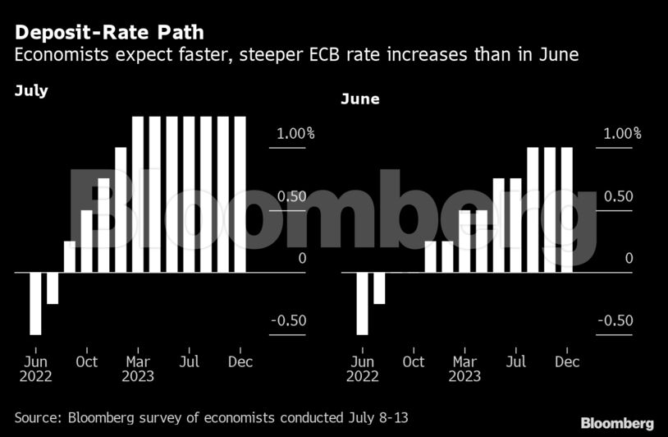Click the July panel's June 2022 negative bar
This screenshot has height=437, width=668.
[x=35, y=303]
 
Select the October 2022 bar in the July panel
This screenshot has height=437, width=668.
[x=87, y=241]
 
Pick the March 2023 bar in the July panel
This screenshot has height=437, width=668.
[x=138, y=194]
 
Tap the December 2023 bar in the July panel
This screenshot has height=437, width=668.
[x=240, y=194]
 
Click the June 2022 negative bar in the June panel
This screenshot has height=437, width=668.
[x=362, y=303]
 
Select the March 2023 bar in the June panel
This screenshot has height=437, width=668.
[x=464, y=241]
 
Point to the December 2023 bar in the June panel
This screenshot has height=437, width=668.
[x=566, y=209]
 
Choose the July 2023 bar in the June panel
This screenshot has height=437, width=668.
[x=515, y=225]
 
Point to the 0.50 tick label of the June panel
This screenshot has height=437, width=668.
[x=617, y=196]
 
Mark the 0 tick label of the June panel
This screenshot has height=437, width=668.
[x=629, y=259]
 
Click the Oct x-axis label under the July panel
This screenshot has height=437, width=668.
[x=86, y=361]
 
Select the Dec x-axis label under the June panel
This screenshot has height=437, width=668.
[x=567, y=361]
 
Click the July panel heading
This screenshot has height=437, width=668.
[x=31, y=91]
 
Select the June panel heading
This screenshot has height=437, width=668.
[x=360, y=99]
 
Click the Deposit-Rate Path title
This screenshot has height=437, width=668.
[x=109, y=34]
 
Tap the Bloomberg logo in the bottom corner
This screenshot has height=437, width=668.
[x=617, y=423]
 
